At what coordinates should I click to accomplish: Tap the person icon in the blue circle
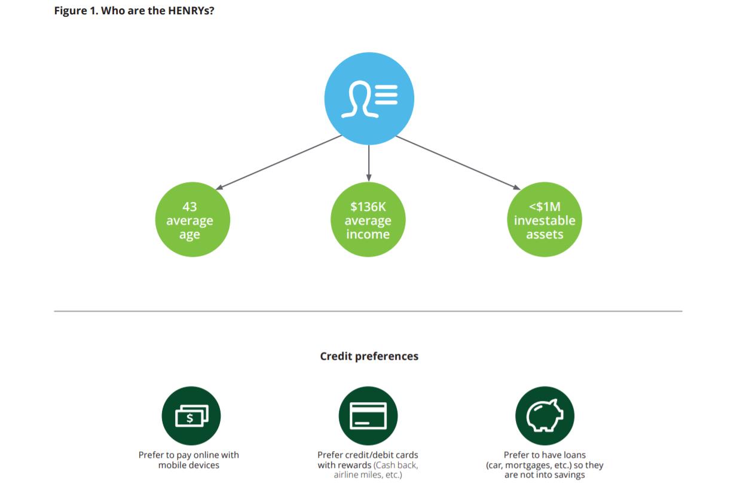tap(360, 99)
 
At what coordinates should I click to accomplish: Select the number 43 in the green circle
tap(189, 207)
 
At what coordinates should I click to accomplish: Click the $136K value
tap(368, 207)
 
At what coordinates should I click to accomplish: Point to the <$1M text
tap(545, 207)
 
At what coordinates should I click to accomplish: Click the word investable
tap(545, 220)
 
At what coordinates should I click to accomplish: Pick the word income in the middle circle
tap(368, 234)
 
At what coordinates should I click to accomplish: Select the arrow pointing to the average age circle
tap(279, 163)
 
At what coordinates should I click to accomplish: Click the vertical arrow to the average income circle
tap(368, 163)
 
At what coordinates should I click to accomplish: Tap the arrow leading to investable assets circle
tap(458, 163)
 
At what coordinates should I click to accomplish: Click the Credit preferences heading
tap(369, 356)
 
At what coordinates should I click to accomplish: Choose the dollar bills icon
tap(191, 416)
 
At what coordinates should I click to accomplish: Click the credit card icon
tap(368, 416)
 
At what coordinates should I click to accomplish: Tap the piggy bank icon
tap(545, 415)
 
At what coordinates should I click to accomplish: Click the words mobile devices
tap(188, 465)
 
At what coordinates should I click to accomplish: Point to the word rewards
tap(354, 465)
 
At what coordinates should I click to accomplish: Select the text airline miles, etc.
tap(368, 475)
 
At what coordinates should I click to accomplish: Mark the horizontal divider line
tap(368, 311)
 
